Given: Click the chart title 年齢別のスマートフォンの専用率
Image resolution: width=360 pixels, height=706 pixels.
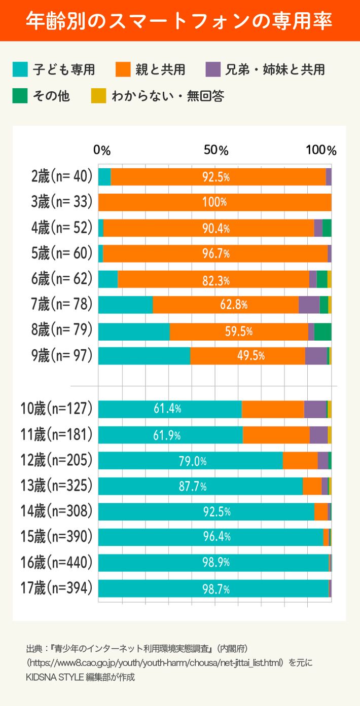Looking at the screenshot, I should click(179, 21).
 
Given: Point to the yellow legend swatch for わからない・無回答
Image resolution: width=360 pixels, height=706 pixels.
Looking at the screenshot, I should click(98, 96).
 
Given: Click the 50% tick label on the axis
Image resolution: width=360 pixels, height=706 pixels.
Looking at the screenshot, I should click(217, 151).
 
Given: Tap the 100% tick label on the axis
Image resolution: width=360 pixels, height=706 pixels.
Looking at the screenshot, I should click(321, 151).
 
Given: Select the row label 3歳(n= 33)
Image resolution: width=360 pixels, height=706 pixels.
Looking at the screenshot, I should click(62, 202).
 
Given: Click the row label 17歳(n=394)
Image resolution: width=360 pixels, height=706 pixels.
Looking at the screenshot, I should click(57, 588).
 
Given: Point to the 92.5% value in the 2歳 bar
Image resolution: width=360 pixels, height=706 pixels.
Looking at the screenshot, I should click(217, 177).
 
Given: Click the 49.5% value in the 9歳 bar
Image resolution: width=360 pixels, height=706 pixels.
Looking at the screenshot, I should click(251, 356).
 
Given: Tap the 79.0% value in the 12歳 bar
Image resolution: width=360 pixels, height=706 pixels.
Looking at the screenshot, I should click(193, 461).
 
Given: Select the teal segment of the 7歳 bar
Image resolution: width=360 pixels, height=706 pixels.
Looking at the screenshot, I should click(125, 305).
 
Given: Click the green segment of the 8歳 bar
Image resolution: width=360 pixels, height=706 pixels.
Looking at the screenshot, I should click(323, 330).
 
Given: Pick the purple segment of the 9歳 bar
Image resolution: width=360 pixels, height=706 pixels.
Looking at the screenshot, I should click(316, 356).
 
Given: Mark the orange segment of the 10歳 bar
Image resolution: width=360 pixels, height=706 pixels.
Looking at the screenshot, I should click(273, 409).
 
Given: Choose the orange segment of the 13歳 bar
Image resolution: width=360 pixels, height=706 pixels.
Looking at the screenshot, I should click(312, 486).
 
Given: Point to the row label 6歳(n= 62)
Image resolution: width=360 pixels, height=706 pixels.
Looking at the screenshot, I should click(62, 279).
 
